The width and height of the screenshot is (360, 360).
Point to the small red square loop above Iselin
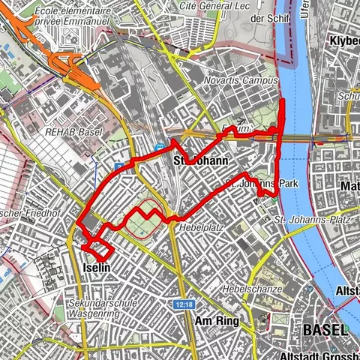click(97, 250)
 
